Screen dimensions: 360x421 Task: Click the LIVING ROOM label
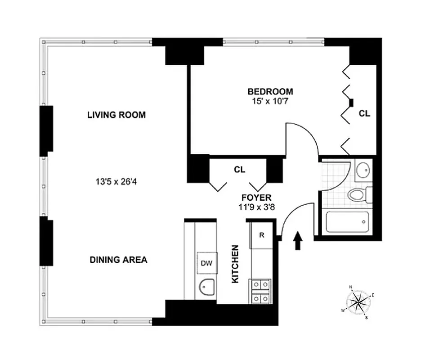pyautogui.click(x=116, y=115)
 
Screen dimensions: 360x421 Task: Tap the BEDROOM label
pyautogui.click(x=270, y=92)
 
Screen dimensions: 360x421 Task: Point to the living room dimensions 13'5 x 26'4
pyautogui.click(x=116, y=183)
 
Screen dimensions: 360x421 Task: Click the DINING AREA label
pyautogui.click(x=118, y=260)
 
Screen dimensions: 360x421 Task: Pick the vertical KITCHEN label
pyautogui.click(x=234, y=264)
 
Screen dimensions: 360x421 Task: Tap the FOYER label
pyautogui.click(x=256, y=198)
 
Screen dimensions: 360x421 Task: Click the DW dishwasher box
pyautogui.click(x=206, y=263)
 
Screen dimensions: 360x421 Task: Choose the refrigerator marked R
pyautogui.click(x=261, y=235)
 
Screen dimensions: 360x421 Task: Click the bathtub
pyautogui.click(x=347, y=222)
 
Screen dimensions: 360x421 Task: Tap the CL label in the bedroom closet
pyautogui.click(x=364, y=114)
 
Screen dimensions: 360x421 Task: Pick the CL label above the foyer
pyautogui.click(x=239, y=170)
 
